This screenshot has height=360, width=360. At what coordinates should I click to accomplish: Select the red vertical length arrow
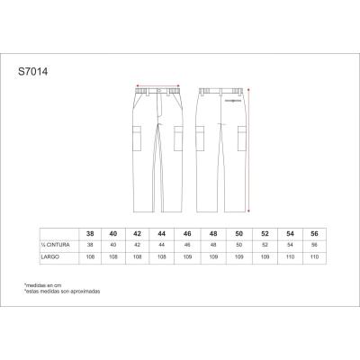click(249, 144)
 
